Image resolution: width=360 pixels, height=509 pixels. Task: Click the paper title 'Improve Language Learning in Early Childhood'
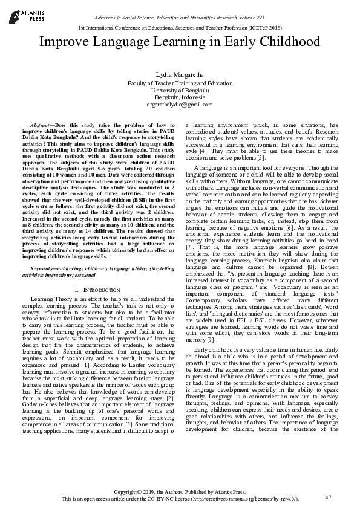tap(180, 42)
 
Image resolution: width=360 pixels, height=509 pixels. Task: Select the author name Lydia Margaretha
tap(180, 73)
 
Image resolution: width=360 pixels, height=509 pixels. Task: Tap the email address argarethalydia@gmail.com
tap(180, 105)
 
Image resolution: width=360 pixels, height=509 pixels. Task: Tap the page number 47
tap(329, 497)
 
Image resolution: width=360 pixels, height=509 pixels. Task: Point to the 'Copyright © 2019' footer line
tap(180, 491)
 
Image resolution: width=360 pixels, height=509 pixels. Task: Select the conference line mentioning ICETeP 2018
tap(180, 28)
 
